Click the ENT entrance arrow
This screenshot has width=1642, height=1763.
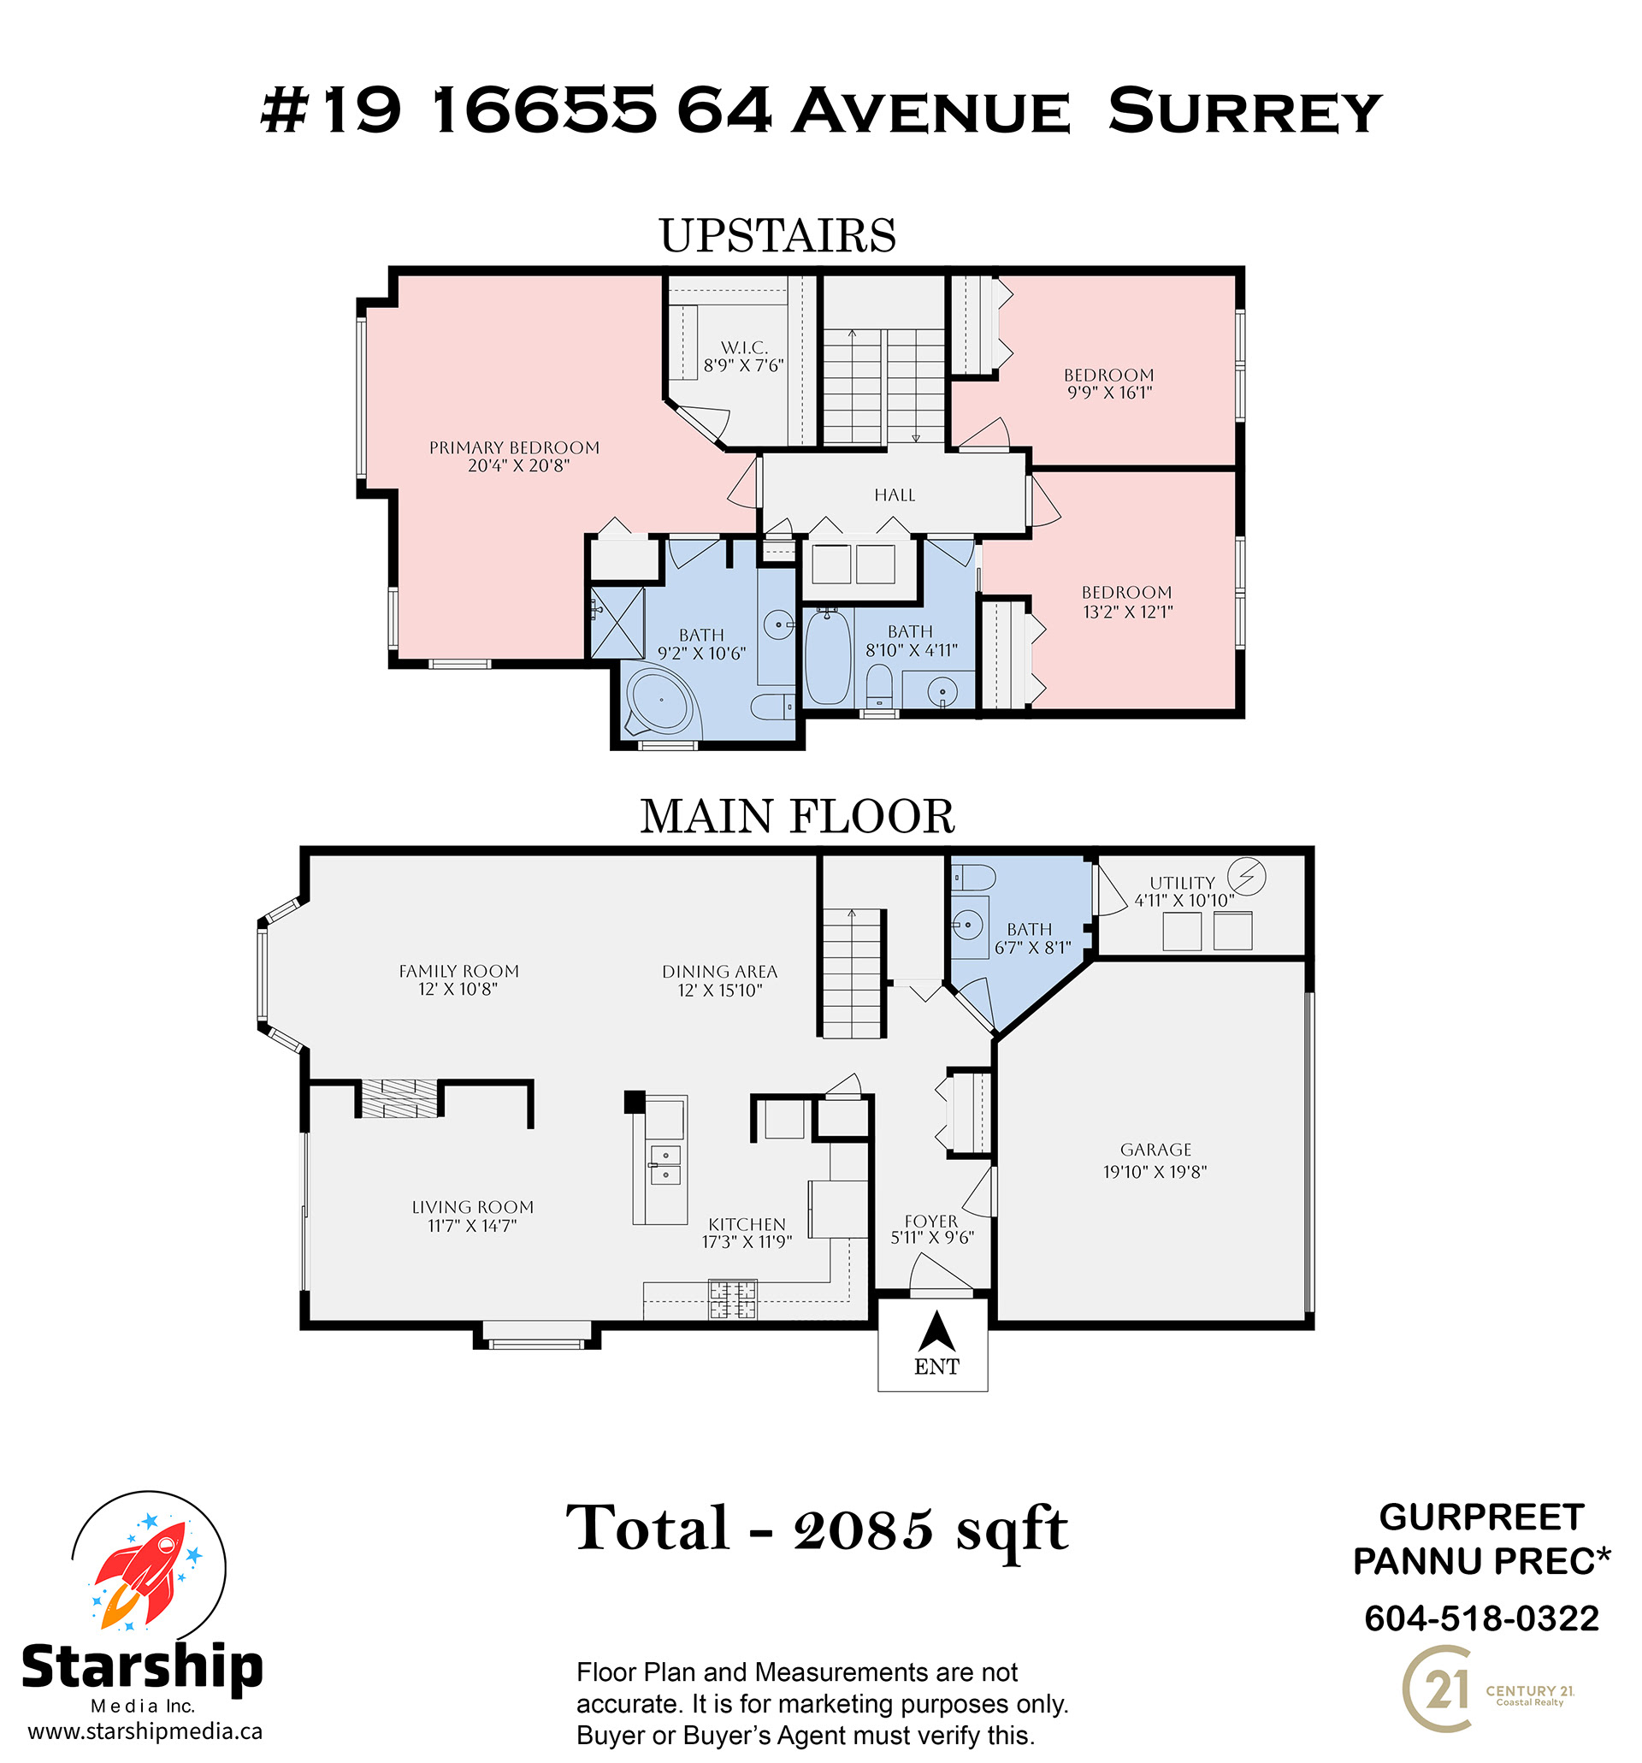(936, 1331)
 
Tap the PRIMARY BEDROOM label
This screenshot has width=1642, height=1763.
(514, 448)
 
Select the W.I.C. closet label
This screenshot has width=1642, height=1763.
(744, 347)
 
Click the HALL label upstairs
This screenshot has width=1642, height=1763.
(895, 494)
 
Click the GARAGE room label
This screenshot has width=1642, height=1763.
(1155, 1150)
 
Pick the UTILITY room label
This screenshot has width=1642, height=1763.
(1182, 883)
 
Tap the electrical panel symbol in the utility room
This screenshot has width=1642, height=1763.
(1246, 876)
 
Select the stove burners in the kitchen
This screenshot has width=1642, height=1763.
(732, 1299)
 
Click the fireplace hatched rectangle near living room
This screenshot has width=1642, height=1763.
(399, 1097)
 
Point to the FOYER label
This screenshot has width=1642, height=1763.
(931, 1222)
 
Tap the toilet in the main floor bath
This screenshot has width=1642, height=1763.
(972, 878)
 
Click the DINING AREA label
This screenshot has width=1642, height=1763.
(719, 972)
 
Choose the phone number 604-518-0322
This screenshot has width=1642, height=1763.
(1480, 1618)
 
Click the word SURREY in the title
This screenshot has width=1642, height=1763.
(1245, 112)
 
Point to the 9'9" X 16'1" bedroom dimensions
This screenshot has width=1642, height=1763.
(1109, 393)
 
